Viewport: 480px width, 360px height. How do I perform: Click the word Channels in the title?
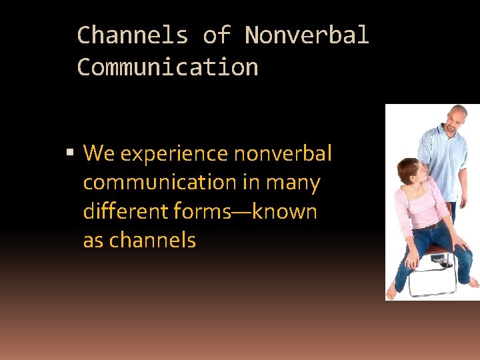click(x=133, y=35)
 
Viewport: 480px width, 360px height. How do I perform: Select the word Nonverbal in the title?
click(x=306, y=35)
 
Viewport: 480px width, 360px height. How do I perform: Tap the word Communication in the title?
click(x=167, y=67)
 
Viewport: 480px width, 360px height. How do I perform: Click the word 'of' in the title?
click(x=216, y=35)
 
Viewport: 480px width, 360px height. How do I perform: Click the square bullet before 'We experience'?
click(x=70, y=154)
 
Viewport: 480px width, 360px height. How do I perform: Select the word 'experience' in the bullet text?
click(x=174, y=155)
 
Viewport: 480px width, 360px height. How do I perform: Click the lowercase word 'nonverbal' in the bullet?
click(x=283, y=154)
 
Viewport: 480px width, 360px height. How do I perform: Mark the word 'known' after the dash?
click(x=285, y=211)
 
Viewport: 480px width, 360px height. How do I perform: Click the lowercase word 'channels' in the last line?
click(x=152, y=240)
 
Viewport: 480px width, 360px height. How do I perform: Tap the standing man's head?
click(x=457, y=119)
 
